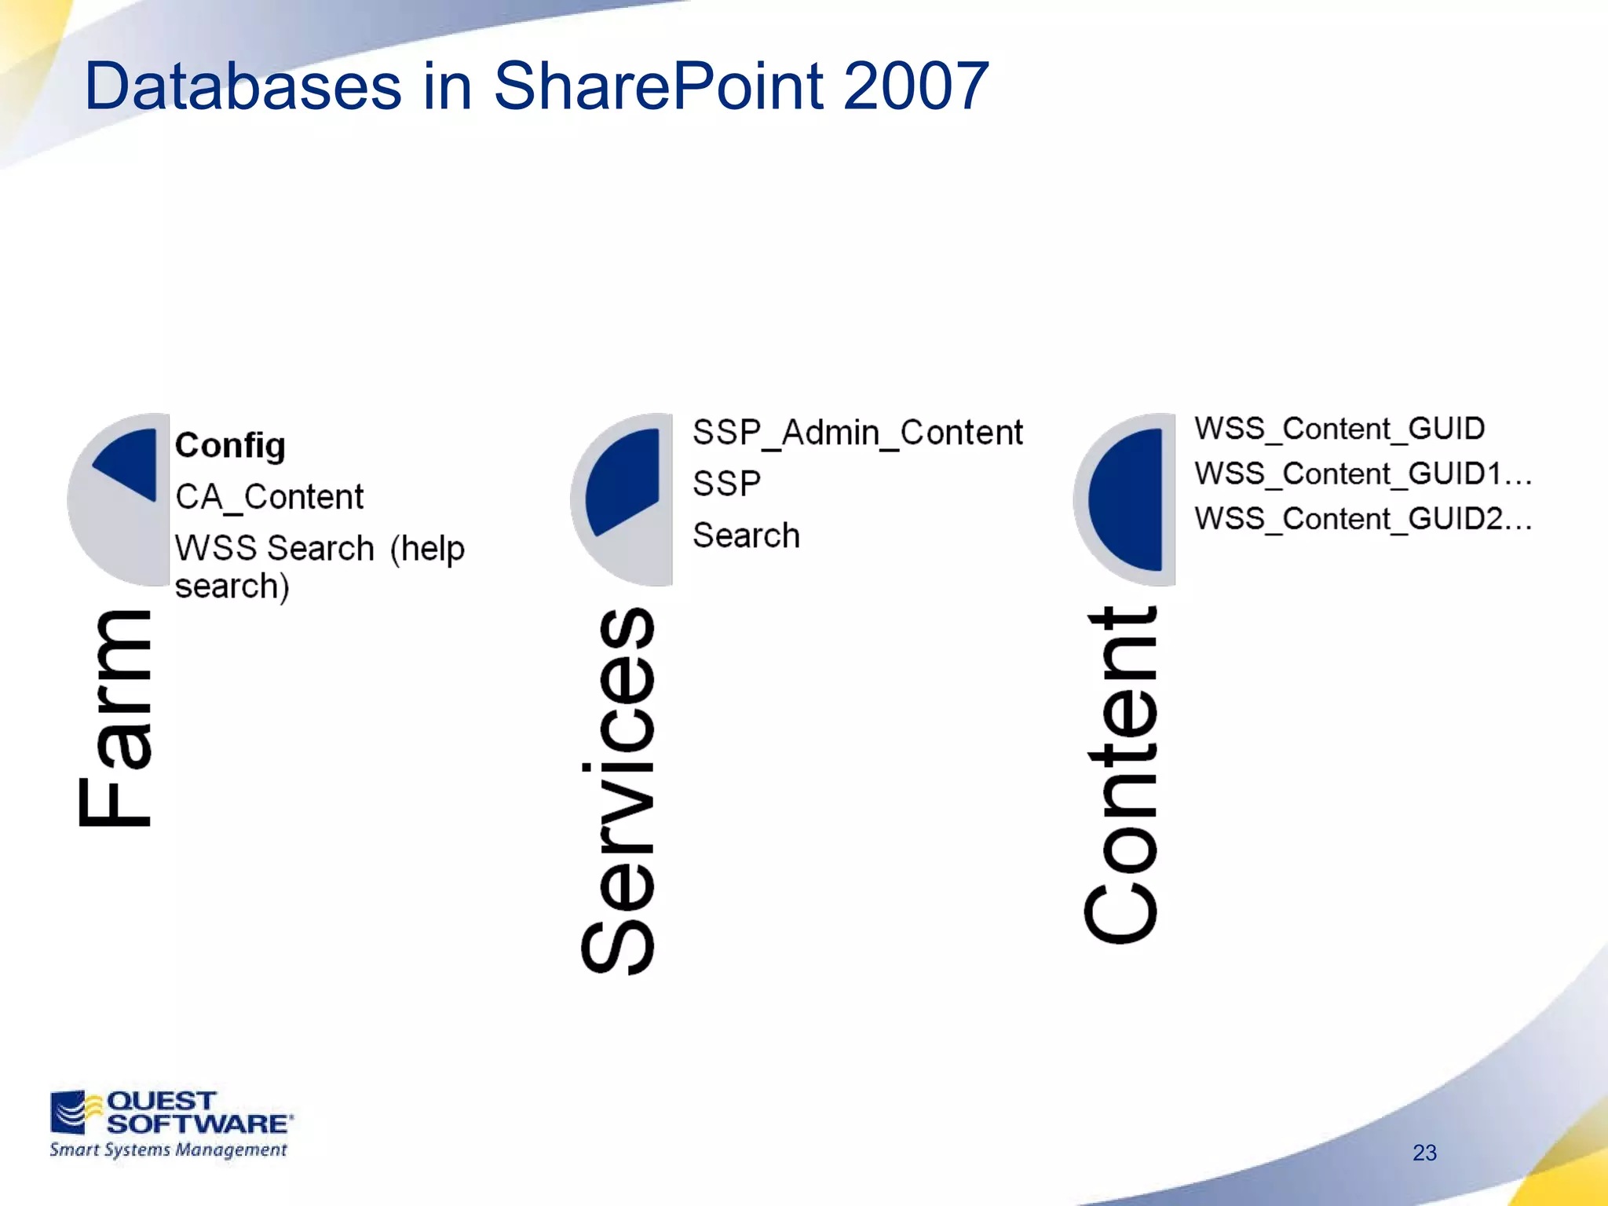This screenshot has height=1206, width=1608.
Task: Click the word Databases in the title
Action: [x=243, y=86]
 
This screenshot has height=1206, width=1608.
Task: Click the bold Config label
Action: [x=230, y=446]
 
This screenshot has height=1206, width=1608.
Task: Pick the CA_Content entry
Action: [x=269, y=497]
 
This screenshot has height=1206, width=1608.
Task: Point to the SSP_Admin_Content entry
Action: [x=857, y=433]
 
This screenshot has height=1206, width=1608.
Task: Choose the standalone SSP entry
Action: [x=726, y=484]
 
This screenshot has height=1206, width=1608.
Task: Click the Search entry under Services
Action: [x=746, y=535]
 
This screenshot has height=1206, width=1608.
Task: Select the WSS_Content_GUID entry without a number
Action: [x=1339, y=429]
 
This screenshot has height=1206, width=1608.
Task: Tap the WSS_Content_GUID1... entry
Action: [x=1363, y=474]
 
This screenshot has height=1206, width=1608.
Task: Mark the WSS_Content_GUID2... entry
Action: [x=1363, y=519]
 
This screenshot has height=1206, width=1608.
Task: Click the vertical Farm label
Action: [x=115, y=718]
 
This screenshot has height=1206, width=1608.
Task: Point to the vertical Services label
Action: [x=618, y=791]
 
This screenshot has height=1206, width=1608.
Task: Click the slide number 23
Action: [x=1424, y=1153]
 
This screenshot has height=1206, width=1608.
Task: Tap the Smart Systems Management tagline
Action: [x=168, y=1150]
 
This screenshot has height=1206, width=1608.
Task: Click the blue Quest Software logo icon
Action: [x=70, y=1111]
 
